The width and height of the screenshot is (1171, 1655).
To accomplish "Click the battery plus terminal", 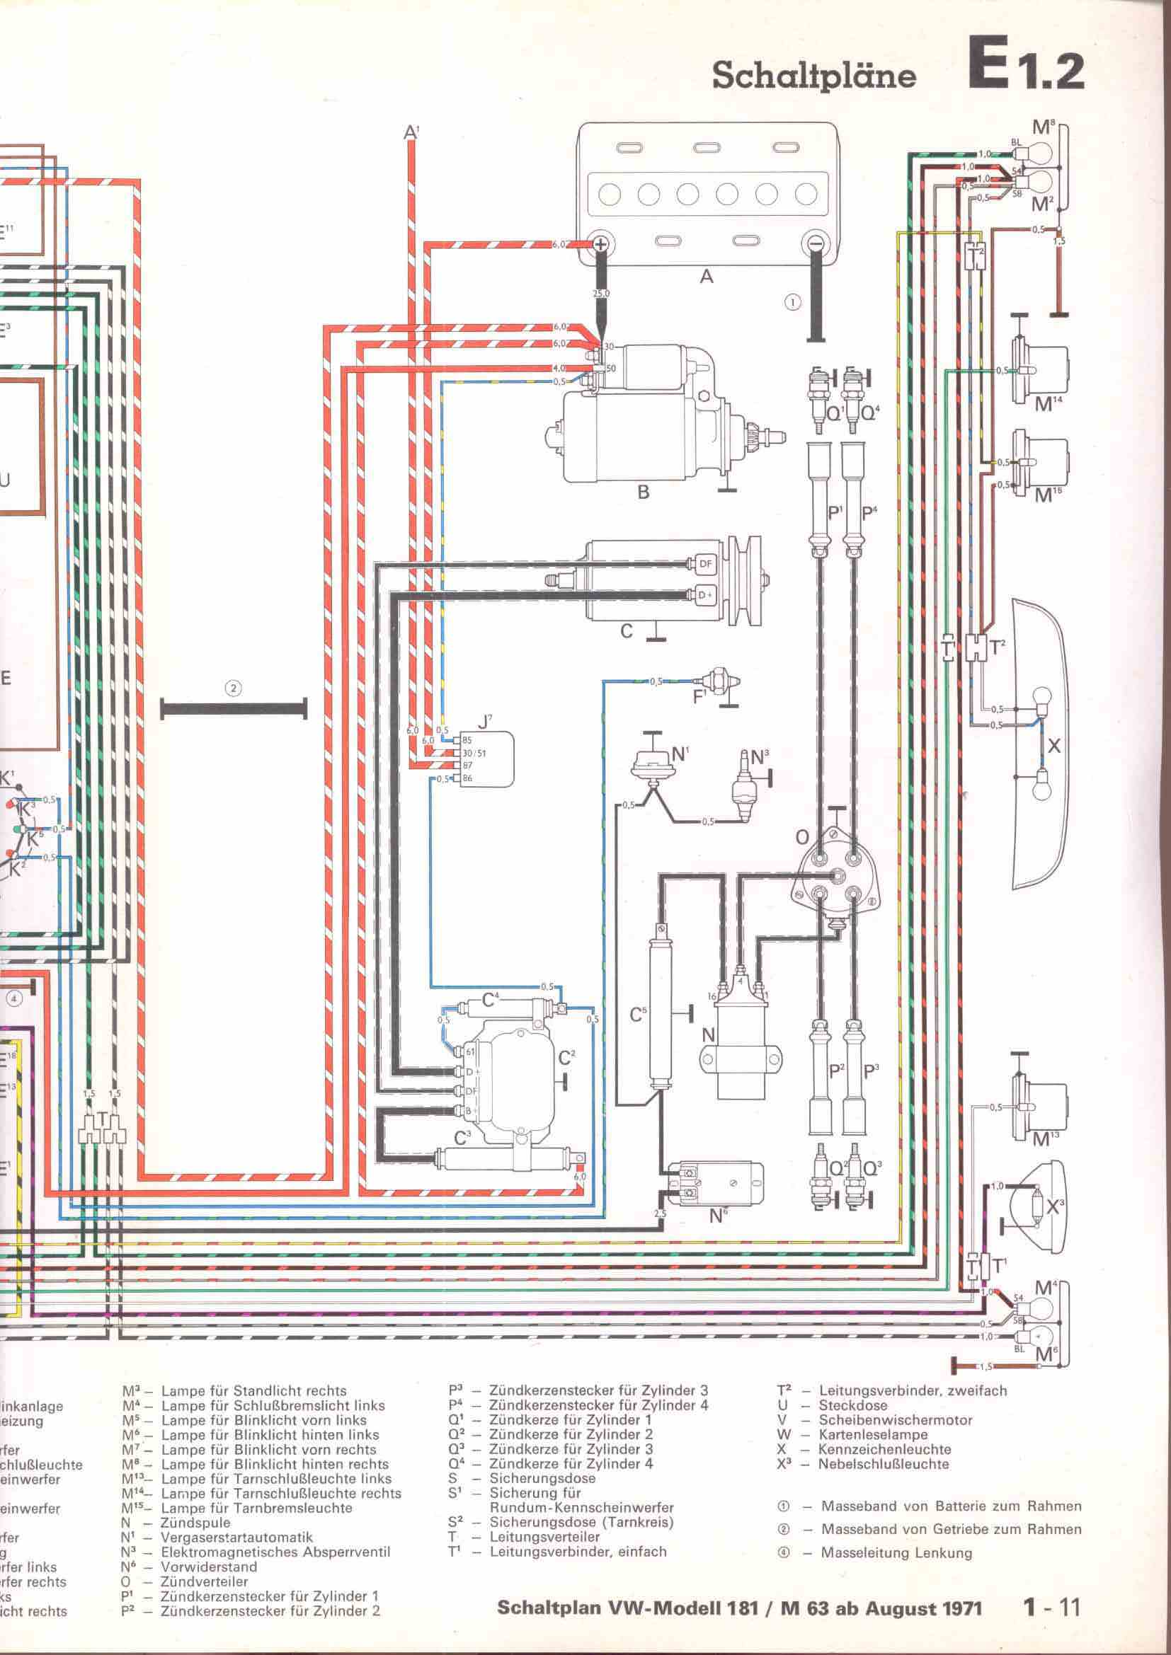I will (x=599, y=245).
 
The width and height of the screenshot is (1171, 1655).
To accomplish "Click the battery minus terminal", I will (x=816, y=245).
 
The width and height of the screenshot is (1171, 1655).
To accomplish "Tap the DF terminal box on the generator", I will (x=704, y=565).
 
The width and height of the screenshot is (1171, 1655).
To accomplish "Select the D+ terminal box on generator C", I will (x=704, y=594).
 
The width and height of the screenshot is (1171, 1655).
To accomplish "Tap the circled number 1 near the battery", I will (x=792, y=302).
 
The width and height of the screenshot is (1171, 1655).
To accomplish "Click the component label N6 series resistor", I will (x=718, y=1216).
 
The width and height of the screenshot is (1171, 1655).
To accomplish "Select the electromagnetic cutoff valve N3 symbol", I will (x=742, y=790).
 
